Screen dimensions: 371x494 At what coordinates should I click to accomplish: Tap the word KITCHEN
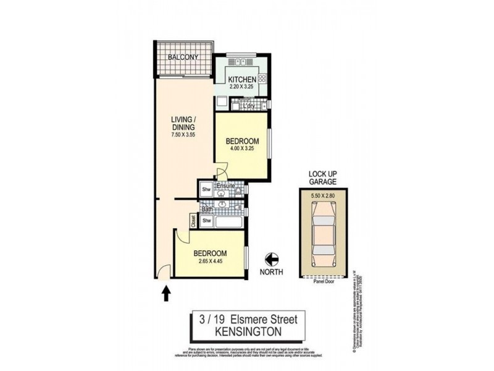242,80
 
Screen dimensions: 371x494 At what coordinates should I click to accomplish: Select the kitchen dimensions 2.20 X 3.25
242,88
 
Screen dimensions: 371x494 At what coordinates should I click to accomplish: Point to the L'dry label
249,106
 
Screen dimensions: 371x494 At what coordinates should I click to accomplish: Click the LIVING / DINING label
183,124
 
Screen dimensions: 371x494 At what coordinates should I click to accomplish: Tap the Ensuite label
224,185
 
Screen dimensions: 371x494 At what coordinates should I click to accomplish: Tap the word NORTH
271,273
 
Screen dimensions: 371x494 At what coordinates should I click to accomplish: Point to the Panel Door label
324,279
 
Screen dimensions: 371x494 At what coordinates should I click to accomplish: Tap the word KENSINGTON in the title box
248,332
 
